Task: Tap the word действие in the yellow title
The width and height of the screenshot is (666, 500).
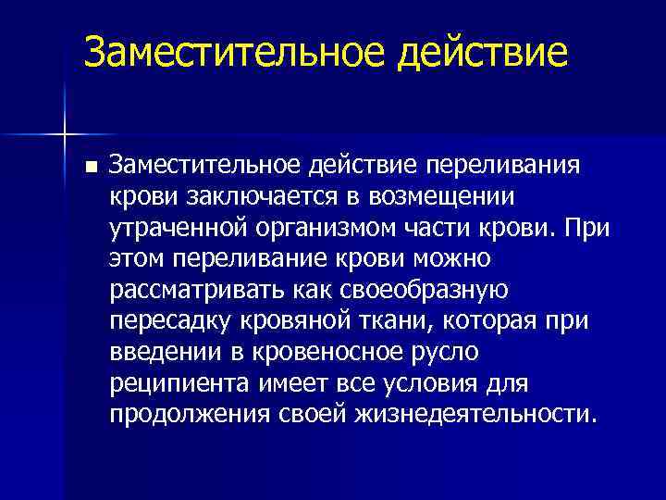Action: pos(483,53)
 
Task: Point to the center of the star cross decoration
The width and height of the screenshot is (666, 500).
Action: pos(65,135)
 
